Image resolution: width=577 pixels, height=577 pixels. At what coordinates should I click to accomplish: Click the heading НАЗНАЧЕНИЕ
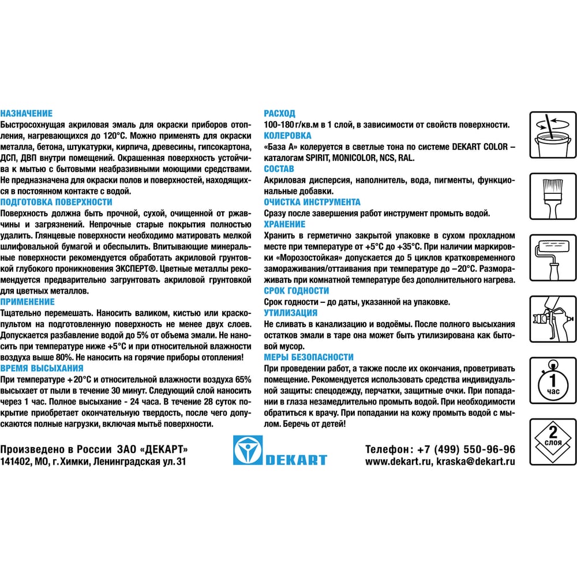27,114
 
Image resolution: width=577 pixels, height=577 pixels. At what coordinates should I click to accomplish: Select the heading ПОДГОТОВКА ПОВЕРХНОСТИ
57,202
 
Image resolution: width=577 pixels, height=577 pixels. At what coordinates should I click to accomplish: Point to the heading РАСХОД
279,114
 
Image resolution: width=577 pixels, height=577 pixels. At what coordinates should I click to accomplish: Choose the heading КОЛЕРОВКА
287,136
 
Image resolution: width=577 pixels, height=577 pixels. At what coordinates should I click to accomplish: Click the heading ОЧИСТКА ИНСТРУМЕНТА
312,202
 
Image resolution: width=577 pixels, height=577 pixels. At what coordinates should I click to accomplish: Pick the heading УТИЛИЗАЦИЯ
291,313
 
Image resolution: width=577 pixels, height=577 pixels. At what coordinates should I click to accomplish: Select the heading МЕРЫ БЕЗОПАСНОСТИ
309,357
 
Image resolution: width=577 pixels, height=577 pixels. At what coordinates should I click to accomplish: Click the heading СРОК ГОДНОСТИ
297,291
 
